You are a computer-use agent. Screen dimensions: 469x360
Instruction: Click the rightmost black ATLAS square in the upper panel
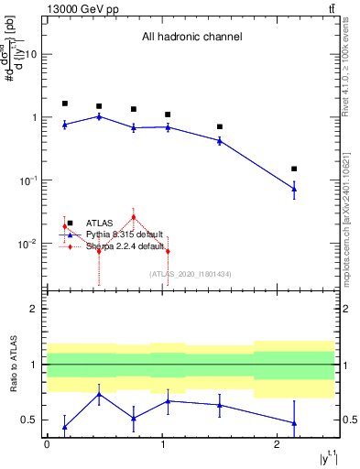293,169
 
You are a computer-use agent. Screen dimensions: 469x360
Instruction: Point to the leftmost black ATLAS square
64,104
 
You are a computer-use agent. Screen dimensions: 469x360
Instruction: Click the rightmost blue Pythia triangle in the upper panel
293,189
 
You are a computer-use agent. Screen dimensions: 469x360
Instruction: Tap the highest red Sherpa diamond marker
134,217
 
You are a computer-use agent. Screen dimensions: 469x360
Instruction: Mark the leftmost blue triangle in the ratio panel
64,427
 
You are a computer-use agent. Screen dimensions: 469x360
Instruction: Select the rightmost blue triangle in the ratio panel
293,423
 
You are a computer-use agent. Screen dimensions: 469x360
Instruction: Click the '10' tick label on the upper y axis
30,54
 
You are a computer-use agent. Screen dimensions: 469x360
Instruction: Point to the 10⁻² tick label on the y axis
27,244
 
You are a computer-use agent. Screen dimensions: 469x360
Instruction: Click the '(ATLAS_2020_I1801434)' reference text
191,274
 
